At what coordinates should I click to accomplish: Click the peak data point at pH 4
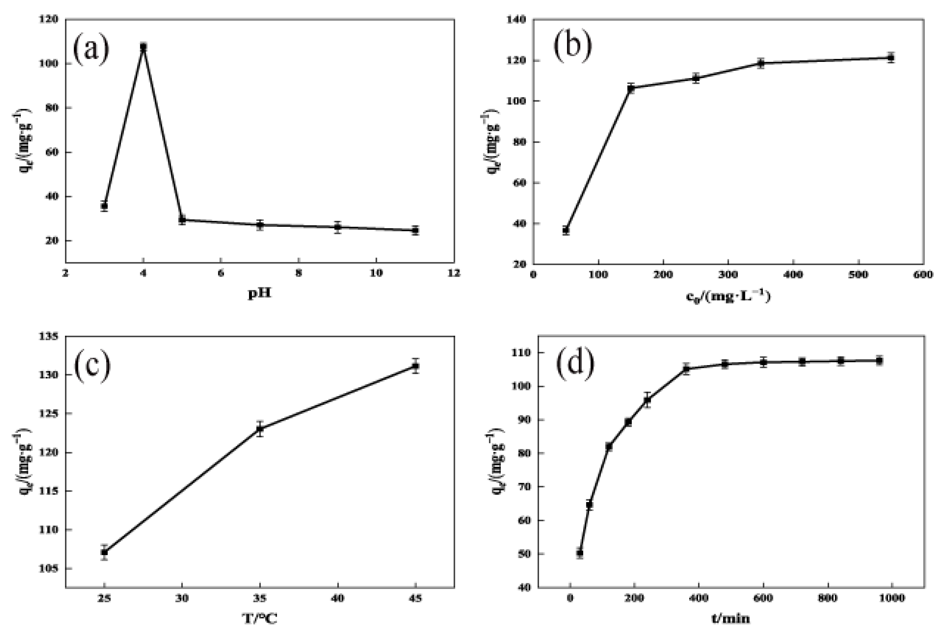tap(143, 47)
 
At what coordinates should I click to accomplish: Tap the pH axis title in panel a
tap(260, 293)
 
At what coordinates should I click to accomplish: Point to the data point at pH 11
tap(415, 230)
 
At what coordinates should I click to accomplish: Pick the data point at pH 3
tap(104, 206)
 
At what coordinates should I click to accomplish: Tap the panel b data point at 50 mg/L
tap(566, 230)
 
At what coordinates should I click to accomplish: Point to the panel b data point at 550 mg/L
tap(891, 58)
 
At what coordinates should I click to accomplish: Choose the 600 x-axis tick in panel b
tap(924, 275)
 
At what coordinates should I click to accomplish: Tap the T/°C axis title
tap(260, 619)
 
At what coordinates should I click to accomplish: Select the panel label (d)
tap(575, 362)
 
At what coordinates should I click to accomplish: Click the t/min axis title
tap(731, 619)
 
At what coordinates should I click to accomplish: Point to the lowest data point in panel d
tap(580, 553)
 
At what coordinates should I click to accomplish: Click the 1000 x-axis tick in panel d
tap(892, 598)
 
